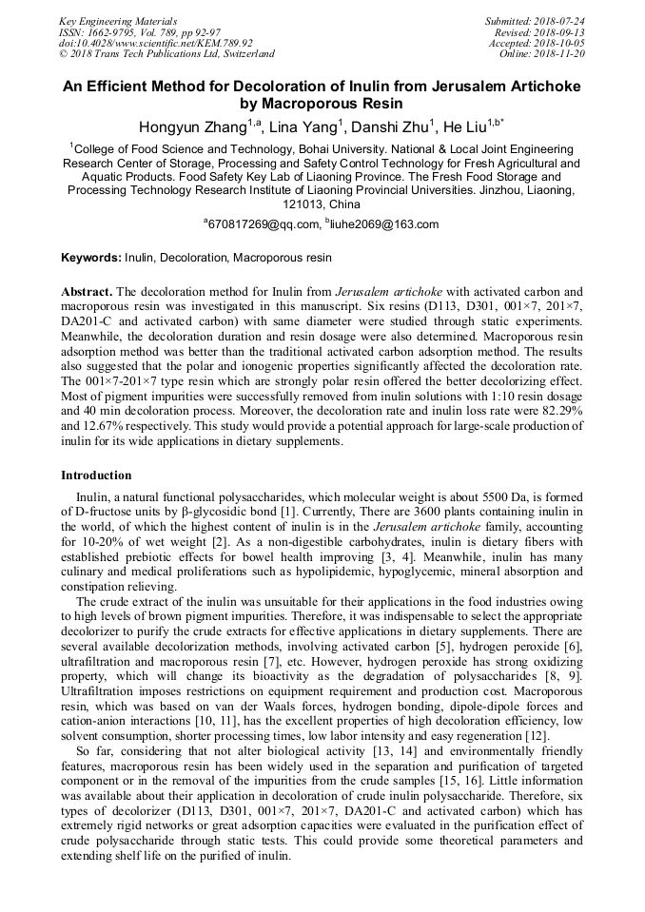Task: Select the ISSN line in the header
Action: [x=126, y=31]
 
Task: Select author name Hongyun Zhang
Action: [x=193, y=127]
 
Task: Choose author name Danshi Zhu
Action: [x=390, y=127]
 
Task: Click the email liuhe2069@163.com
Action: [x=385, y=224]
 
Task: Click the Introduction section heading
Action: [x=96, y=475]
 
